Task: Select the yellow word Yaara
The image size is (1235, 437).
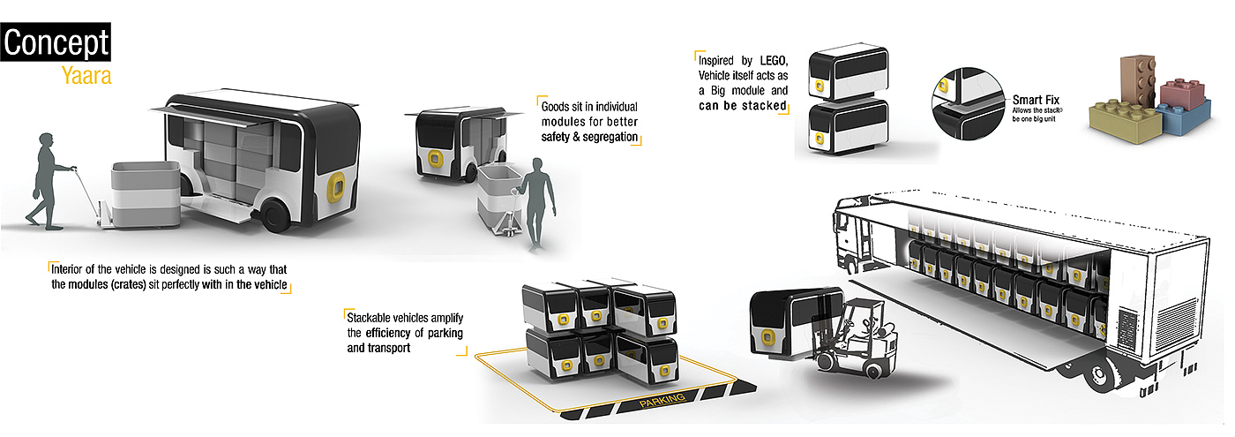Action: click(86, 77)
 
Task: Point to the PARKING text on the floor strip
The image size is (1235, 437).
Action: click(661, 404)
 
